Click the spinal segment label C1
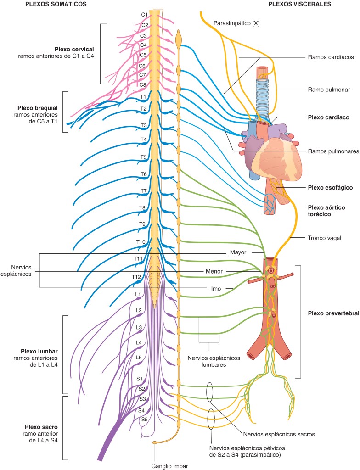(144, 15)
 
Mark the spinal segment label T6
(143, 174)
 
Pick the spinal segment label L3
(139, 327)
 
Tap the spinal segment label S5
(144, 419)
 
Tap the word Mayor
(238, 252)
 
